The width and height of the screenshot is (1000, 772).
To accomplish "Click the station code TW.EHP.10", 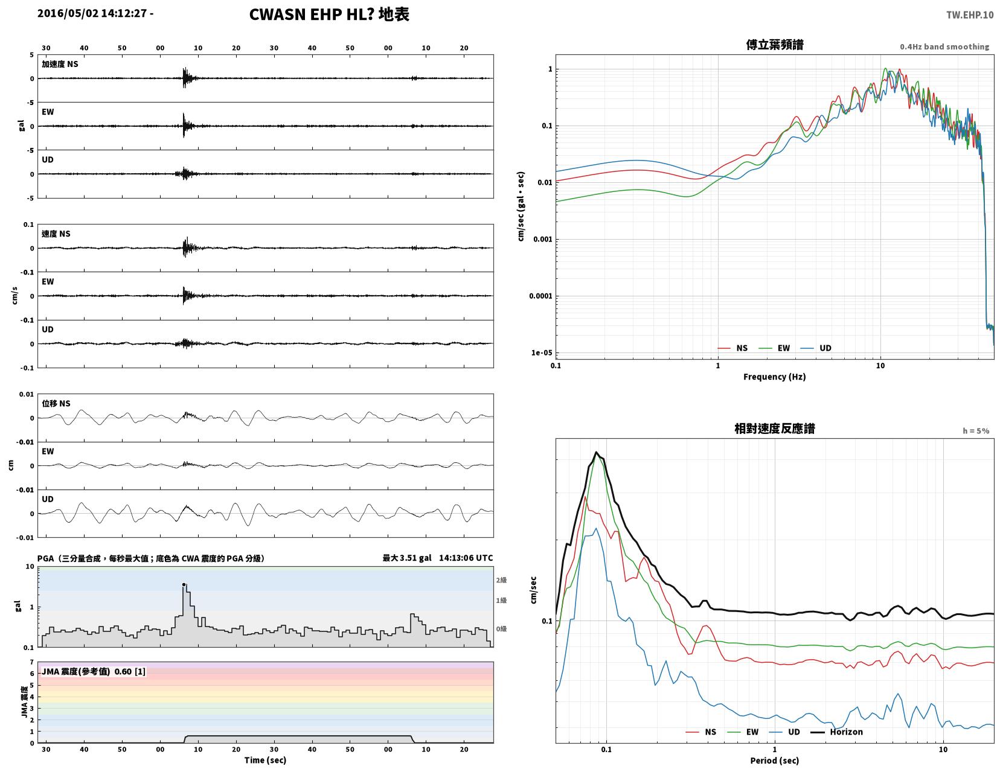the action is (x=969, y=14).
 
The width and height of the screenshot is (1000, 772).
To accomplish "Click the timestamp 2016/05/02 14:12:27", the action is (x=92, y=13).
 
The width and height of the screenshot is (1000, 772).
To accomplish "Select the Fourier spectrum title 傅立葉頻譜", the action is (x=775, y=45).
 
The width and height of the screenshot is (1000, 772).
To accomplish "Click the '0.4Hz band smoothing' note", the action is (x=944, y=46).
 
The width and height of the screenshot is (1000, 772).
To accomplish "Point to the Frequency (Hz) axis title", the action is (x=775, y=377).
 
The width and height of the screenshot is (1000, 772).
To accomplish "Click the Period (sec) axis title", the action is (x=775, y=761).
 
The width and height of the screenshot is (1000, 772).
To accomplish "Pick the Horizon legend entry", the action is (x=836, y=732).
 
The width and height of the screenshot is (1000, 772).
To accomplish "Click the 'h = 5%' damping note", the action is (x=976, y=431).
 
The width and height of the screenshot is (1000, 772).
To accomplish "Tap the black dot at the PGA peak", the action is (x=184, y=584).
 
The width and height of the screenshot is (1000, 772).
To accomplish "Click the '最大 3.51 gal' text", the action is (x=407, y=558).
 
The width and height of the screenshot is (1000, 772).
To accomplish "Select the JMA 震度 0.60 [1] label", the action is (x=94, y=671).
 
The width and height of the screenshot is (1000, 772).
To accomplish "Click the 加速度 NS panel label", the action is (x=60, y=64).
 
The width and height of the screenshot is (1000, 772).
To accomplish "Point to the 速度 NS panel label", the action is (x=56, y=234).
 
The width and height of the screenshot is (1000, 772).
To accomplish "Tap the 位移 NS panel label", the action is (x=56, y=403).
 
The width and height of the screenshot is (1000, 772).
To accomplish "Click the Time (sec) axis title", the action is (x=265, y=760).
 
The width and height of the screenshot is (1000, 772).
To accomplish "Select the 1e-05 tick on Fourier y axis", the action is (x=541, y=353).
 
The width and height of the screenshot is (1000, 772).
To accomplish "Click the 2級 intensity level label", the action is (x=501, y=580).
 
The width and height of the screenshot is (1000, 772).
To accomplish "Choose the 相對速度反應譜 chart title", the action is (x=775, y=429).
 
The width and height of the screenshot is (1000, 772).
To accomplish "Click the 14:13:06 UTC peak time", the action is (x=466, y=558).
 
